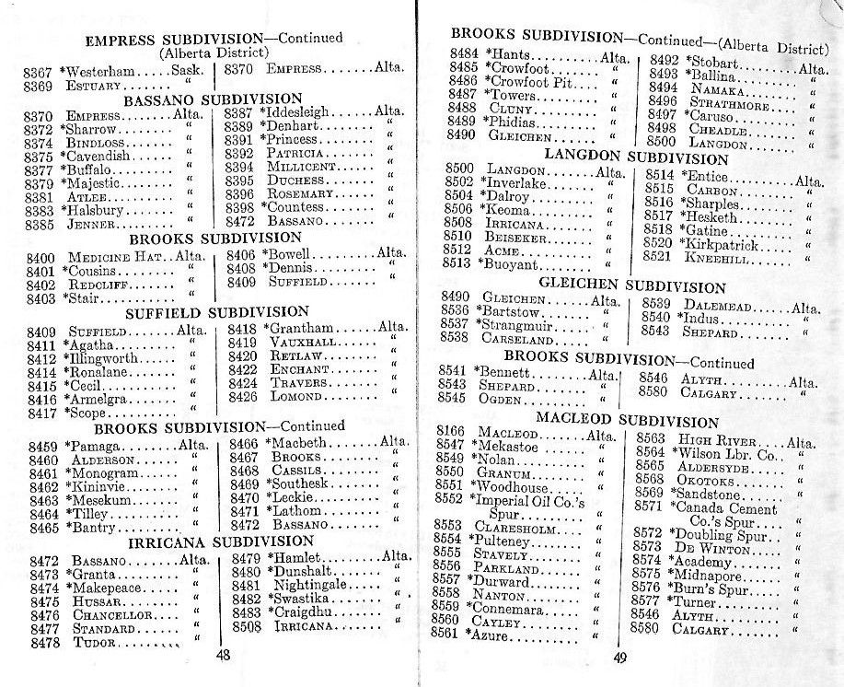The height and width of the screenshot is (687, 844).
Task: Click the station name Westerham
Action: coord(100,70)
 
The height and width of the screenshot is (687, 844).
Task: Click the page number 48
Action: coord(223,655)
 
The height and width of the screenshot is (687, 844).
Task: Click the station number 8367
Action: coord(38,71)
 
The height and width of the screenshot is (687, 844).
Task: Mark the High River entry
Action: coord(722,439)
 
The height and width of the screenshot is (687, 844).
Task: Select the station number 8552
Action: coord(447,498)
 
